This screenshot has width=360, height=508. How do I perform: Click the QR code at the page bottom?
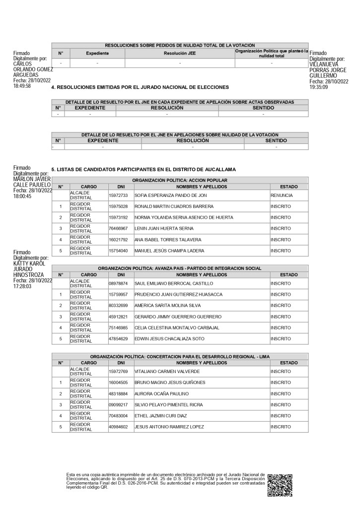click(280, 484)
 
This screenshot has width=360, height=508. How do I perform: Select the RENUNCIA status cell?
click(282, 195)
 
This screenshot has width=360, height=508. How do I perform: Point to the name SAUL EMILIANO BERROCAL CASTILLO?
click(173, 284)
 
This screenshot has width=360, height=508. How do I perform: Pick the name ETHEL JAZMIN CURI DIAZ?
click(161, 416)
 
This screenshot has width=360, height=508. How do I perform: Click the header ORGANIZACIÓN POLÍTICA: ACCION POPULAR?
click(180, 180)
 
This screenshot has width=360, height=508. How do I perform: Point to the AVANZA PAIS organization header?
click(180, 268)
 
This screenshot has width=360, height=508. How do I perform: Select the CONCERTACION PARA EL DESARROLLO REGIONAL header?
click(180, 356)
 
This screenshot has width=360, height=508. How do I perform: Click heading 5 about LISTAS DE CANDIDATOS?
click(144, 170)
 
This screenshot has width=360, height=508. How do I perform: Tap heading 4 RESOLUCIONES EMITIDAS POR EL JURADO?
click(140, 87)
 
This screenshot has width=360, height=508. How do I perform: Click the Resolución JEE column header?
click(180, 53)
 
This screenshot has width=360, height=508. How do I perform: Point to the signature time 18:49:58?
click(22, 86)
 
